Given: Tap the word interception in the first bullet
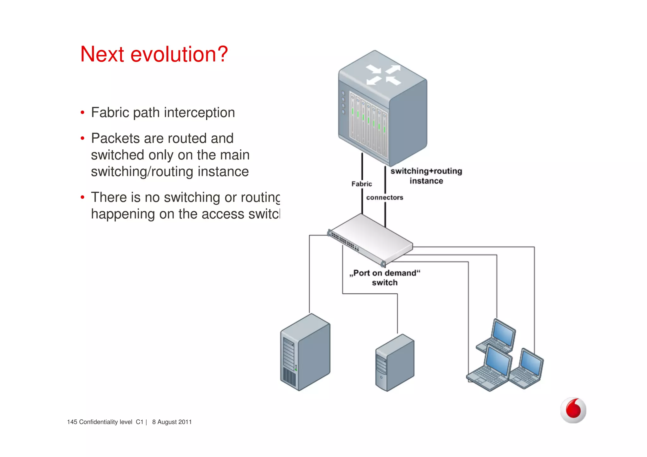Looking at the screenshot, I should click(199, 113).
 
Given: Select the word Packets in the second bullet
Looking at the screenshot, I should click(115, 138).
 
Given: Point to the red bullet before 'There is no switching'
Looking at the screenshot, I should click(82, 197).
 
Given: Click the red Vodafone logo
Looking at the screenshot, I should click(573, 410).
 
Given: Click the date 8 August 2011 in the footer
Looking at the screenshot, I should click(172, 422).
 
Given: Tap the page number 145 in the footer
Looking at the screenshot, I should click(72, 422).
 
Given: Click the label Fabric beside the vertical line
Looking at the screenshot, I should click(361, 184).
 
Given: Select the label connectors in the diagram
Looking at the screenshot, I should click(384, 197).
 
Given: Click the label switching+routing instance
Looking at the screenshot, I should click(426, 176).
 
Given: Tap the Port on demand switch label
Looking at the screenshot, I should click(385, 278).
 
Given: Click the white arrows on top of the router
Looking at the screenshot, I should click(383, 75).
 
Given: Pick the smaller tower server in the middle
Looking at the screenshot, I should click(395, 363).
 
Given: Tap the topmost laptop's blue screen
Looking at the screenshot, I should click(504, 334).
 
